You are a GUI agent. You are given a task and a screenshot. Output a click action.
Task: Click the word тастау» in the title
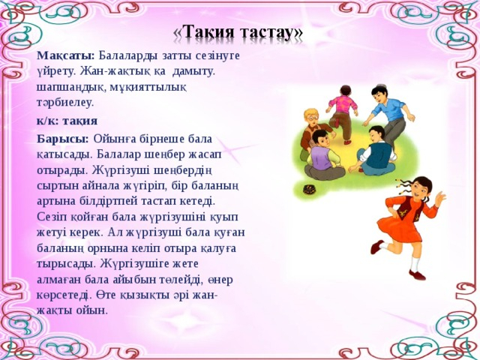271,33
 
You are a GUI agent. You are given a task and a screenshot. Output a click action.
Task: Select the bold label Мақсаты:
66,56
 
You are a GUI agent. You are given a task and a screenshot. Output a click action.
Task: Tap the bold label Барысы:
63,139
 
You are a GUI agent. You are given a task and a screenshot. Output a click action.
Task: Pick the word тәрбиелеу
65,103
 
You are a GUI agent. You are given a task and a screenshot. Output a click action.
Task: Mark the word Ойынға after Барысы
115,139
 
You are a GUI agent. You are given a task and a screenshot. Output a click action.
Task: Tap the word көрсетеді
64,295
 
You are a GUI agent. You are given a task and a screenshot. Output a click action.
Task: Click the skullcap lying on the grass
310,190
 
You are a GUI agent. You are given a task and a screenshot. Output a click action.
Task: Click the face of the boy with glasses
311,118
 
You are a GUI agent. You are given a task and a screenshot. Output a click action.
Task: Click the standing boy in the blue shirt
390,116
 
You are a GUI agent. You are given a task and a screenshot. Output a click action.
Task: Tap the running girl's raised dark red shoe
377,247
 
